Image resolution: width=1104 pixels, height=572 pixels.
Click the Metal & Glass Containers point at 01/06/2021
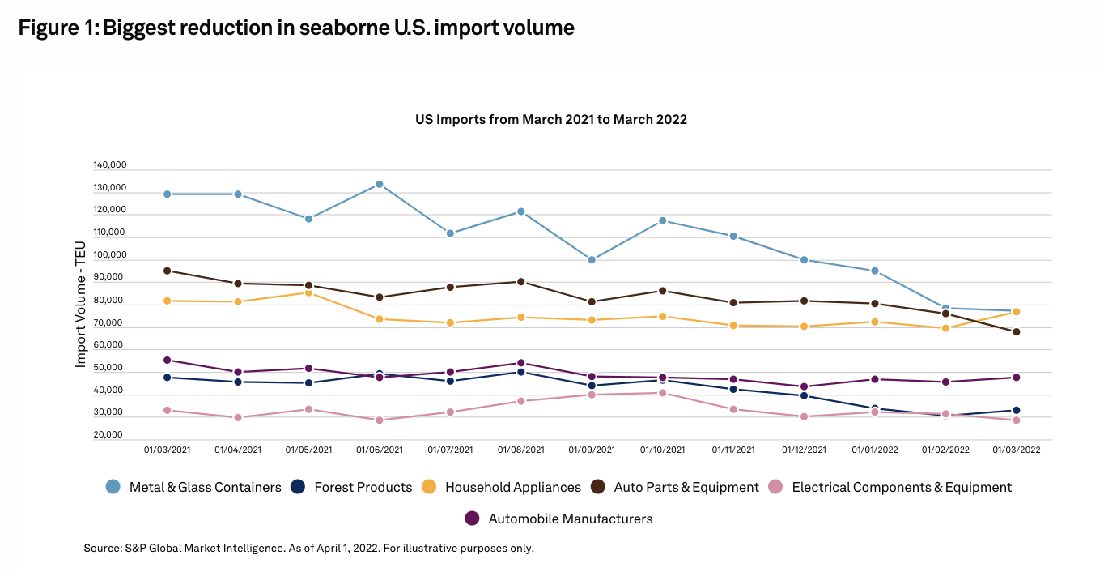[x=379, y=185]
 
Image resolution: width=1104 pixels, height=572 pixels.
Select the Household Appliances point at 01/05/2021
[x=308, y=292]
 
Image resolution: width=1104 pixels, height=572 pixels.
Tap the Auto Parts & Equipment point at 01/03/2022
[x=1016, y=331]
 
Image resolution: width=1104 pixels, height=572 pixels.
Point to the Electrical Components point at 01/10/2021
[x=662, y=393]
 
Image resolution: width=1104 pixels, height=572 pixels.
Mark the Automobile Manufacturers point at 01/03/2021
[x=167, y=360]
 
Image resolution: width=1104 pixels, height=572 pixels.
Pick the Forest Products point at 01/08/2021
[x=521, y=372]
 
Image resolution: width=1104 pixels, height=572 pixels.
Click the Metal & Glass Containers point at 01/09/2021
[x=592, y=260]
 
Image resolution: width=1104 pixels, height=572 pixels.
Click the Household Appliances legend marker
[x=429, y=487]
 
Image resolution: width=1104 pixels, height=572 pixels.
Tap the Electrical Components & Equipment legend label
[x=902, y=487]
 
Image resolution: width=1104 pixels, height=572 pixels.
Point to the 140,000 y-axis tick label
[x=110, y=165]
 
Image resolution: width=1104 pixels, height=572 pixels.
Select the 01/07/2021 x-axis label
[x=451, y=450]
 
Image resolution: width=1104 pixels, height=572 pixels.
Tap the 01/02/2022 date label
[x=945, y=450]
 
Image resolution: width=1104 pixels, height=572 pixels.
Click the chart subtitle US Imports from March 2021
[x=550, y=119]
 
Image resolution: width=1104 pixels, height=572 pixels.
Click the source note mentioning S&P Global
[x=308, y=549]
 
